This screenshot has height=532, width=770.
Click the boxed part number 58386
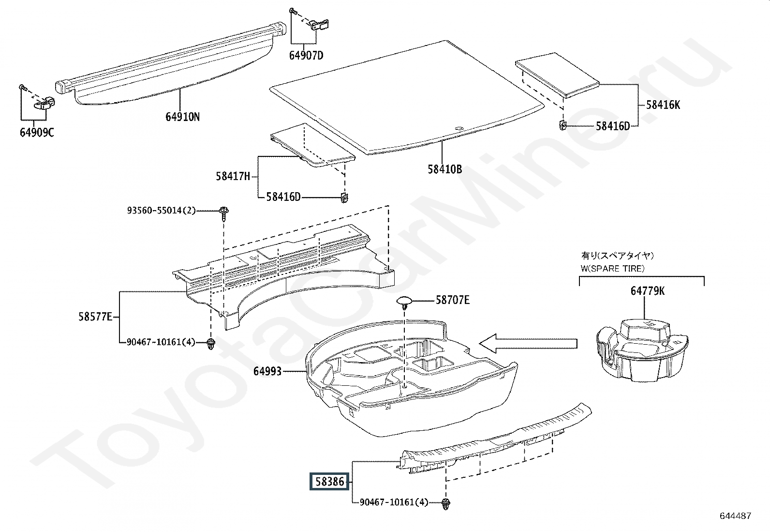[x=329, y=482]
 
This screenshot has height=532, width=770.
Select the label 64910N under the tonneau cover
[x=182, y=117]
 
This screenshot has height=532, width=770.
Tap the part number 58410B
[x=444, y=169]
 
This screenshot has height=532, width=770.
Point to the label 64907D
[x=306, y=56]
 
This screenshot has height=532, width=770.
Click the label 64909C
[x=37, y=132]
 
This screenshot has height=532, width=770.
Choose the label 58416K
[x=663, y=105]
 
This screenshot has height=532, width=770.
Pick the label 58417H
[x=233, y=176]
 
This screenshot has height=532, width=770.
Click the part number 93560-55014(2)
[x=162, y=211]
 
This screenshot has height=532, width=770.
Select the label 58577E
[x=95, y=317]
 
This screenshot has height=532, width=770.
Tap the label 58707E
[x=453, y=300]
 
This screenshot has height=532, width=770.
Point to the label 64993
[x=267, y=371]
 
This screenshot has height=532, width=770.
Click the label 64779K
[x=648, y=291]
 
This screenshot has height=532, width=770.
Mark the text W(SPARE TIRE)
[x=613, y=268]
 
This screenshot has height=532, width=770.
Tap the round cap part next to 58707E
[x=404, y=302]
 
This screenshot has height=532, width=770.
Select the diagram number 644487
[x=735, y=516]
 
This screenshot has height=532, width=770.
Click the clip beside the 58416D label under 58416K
[x=563, y=125]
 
